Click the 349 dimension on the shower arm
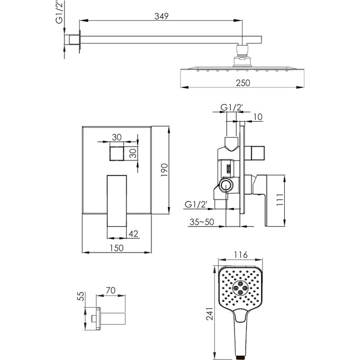tap(161, 16)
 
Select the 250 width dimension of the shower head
tap(243, 83)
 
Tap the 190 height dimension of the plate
tap(165, 170)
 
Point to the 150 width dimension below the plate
tap(116, 248)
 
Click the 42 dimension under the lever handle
tap(133, 233)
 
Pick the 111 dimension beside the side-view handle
tap(280, 200)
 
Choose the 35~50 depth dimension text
tap(202, 222)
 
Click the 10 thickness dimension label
tap(258, 117)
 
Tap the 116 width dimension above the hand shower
tap(240, 255)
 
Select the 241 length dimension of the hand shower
tap(210, 313)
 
